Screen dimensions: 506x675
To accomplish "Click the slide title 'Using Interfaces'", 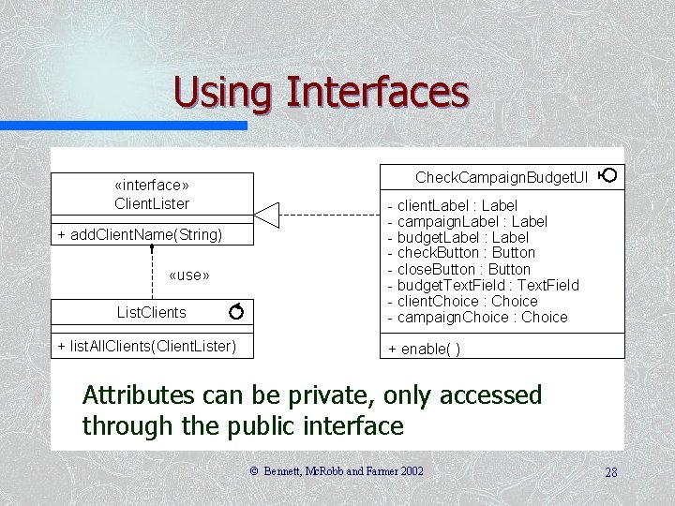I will click(321, 92).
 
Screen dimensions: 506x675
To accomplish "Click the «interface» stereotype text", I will click(152, 186).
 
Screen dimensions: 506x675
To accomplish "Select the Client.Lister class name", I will click(152, 203).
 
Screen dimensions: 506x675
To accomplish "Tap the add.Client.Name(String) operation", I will click(140, 234).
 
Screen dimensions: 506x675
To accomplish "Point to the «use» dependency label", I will click(188, 275).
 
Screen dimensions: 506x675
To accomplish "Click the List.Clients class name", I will click(151, 312).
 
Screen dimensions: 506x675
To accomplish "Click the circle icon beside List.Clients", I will click(236, 310).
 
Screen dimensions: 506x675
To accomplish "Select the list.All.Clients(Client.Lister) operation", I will click(146, 347).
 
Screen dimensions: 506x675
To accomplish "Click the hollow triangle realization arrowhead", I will click(266, 215).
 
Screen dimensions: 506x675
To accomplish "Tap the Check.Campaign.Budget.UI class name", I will click(502, 177).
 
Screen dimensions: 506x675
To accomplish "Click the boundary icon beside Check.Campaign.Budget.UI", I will click(607, 175).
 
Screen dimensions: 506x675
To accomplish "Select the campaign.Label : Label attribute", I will click(467, 221).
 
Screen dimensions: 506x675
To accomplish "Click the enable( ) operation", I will click(424, 349).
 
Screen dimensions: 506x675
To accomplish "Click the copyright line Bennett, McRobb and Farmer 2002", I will click(336, 472).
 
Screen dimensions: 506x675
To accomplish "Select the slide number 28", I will click(610, 472).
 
